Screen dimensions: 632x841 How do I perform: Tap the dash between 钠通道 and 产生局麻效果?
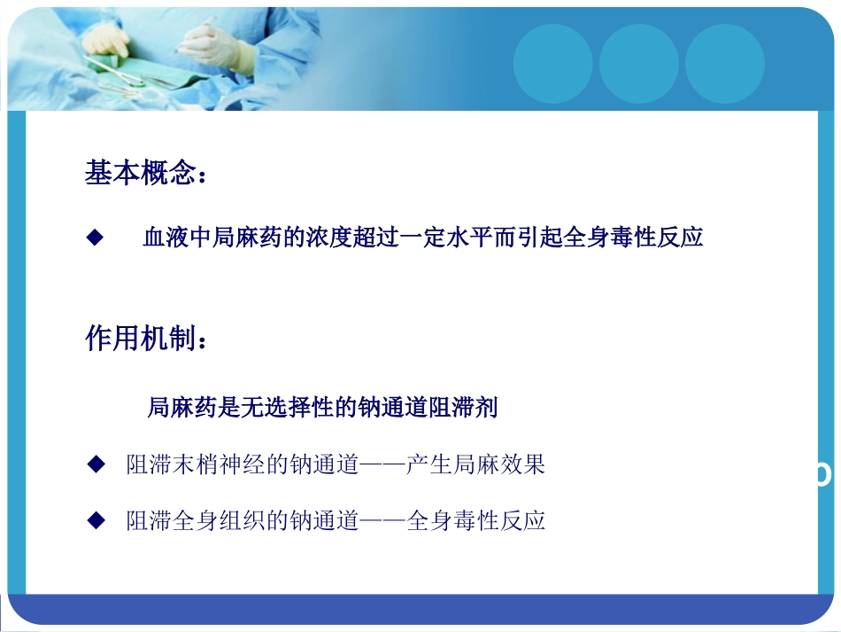(x=382, y=465)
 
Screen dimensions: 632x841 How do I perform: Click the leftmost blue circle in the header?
(x=552, y=64)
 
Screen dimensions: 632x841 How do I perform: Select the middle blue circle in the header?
(x=638, y=64)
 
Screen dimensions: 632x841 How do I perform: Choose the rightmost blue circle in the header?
(x=724, y=64)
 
